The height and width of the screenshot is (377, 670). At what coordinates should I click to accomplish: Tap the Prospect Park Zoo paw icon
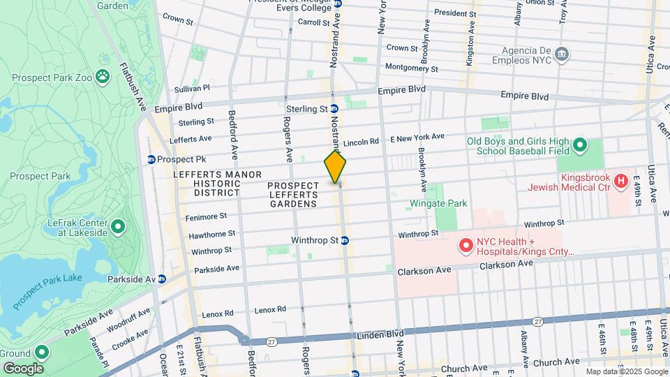(x=103, y=75)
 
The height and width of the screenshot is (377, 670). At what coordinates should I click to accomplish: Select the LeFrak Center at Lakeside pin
(x=118, y=226)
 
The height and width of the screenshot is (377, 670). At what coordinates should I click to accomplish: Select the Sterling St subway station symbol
(x=335, y=110)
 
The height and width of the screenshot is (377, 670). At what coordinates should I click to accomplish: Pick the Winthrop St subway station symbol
(x=345, y=240)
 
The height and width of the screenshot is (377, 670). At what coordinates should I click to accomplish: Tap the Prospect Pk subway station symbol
(x=150, y=159)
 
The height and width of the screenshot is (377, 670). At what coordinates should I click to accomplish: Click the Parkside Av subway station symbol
(x=162, y=279)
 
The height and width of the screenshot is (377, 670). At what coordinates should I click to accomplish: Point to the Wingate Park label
(x=438, y=204)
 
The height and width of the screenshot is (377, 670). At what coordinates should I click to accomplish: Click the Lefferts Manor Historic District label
(x=218, y=183)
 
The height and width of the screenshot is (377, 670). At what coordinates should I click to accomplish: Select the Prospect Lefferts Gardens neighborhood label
(x=293, y=195)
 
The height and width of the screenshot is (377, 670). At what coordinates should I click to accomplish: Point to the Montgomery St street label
(x=411, y=68)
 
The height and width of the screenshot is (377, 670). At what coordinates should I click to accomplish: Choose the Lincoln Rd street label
(x=361, y=142)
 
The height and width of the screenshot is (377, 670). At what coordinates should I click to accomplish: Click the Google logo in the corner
(x=22, y=369)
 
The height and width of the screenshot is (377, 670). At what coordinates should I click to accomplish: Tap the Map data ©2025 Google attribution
(x=626, y=371)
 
